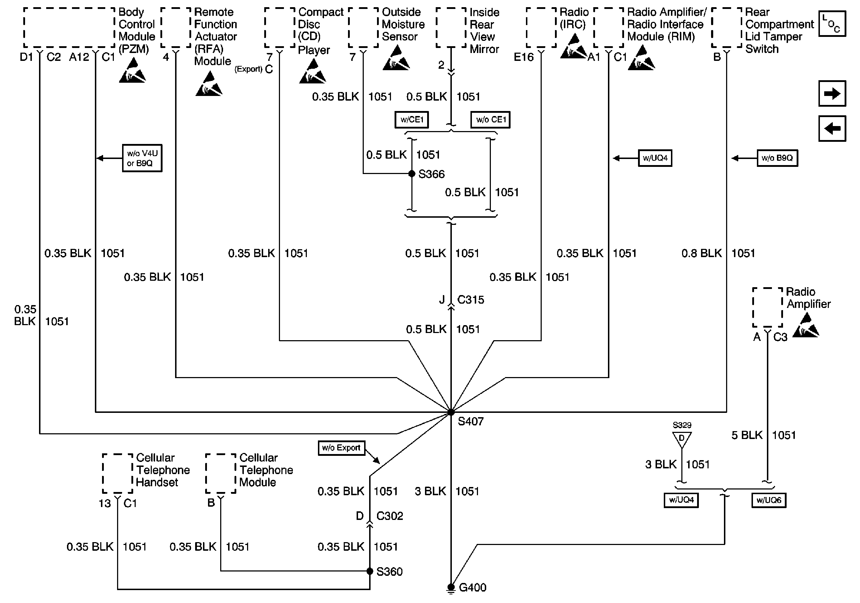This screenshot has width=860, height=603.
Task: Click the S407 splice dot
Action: click(451, 412)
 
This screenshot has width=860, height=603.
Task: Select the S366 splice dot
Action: click(412, 173)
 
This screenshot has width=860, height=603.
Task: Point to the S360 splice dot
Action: click(370, 571)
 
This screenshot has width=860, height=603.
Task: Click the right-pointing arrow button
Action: click(832, 93)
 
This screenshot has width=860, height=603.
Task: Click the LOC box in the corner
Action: click(832, 24)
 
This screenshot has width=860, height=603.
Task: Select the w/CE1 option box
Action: click(412, 120)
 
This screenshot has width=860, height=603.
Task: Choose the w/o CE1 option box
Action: click(490, 120)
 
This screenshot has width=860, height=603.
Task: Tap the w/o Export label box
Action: click(341, 448)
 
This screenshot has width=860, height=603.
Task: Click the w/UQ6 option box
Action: click(769, 500)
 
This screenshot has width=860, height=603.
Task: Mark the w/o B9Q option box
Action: click(777, 158)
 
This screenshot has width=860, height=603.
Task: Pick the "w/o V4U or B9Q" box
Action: click(142, 158)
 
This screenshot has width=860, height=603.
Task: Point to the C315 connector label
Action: click(470, 300)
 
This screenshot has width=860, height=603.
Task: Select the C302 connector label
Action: click(390, 516)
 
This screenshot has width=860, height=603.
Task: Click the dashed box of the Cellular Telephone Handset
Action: click(117, 473)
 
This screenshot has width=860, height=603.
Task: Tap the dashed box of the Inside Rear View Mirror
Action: click(451, 27)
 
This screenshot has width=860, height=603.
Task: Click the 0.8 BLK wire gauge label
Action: click(701, 254)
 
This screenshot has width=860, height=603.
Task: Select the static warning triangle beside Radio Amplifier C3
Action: click(806, 326)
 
